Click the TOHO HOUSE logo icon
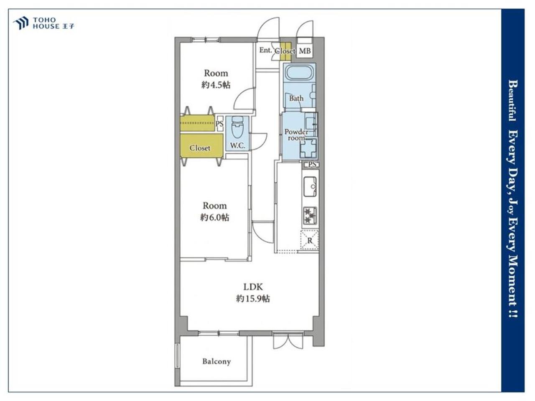tap(21, 23)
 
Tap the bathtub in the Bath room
tap(300, 72)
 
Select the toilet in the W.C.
tap(237, 127)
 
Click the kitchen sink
tap(310, 186)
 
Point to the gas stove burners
tap(310, 216)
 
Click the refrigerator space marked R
tap(310, 240)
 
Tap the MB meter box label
tap(305, 51)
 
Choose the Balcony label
tap(217, 362)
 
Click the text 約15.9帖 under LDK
tap(253, 299)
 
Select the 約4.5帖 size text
tap(216, 85)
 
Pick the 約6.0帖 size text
tap(214, 218)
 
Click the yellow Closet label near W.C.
tap(200, 148)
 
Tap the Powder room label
tap(296, 135)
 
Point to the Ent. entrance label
tap(265, 50)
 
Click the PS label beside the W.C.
tap(219, 124)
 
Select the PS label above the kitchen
tap(312, 164)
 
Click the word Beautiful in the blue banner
tap(512, 101)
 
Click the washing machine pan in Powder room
tap(308, 148)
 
